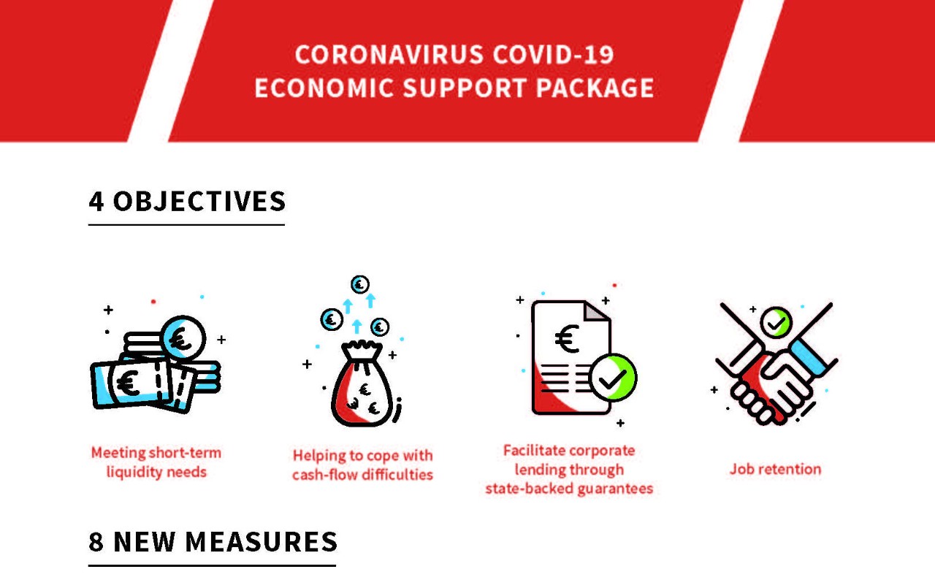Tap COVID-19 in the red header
pos(553,55)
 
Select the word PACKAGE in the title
pos(595,88)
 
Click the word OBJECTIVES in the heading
pos(199,201)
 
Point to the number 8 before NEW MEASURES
pos(96,541)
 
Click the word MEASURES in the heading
pos(262,541)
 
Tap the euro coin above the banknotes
pos(183,338)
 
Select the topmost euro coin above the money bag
pos(360,285)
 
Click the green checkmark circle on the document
pos(613,377)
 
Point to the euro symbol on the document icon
pos(567,338)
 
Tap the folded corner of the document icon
pos(596,311)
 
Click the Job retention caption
pos(775,469)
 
